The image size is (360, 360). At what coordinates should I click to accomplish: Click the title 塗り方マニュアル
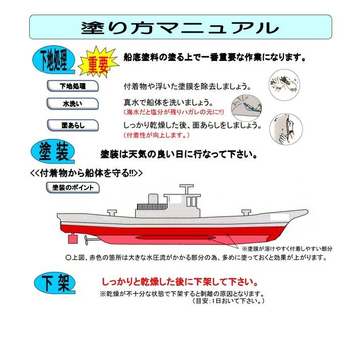180,27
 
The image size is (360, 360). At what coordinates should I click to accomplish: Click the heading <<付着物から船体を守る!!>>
86,172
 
